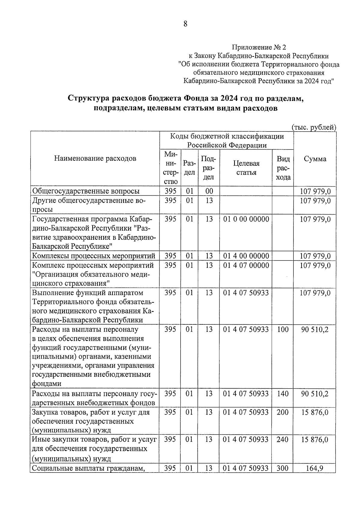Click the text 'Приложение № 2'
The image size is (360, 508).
259,47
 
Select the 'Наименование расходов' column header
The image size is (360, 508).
95,158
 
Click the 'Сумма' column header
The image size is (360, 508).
315,159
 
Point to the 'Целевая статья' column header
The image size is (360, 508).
246,168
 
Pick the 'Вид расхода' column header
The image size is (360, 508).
283,168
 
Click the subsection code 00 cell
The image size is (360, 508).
209,191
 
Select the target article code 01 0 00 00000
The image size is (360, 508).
246,219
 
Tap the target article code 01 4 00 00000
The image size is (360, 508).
246,256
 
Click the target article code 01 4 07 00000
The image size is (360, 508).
246,265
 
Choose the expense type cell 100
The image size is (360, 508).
283,329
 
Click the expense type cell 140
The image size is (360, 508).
283,393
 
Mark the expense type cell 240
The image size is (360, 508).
283,440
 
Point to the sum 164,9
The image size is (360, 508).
315,468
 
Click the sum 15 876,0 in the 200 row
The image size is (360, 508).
315,412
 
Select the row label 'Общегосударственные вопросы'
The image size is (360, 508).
86,191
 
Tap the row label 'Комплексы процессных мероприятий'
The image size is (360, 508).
94,256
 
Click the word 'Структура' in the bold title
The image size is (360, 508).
88,98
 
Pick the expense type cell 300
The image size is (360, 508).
283,468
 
